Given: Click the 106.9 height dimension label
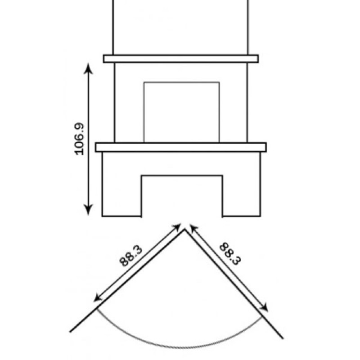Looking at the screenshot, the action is coord(80,139).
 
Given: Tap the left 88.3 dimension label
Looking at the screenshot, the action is coord(131,256).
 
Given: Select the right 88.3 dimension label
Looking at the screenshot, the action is coord(230,254).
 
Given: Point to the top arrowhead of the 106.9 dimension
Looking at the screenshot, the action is coord(88,68).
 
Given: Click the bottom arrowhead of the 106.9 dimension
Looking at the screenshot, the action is coord(88,209).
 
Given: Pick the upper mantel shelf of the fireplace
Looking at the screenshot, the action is coord(181,59).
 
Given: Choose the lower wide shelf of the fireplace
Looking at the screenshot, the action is coord(181,147).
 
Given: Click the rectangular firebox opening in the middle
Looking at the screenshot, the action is coord(181,112).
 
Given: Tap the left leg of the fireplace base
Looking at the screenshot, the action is coord(121,184).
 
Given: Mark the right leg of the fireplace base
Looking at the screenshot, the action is coord(242,184).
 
